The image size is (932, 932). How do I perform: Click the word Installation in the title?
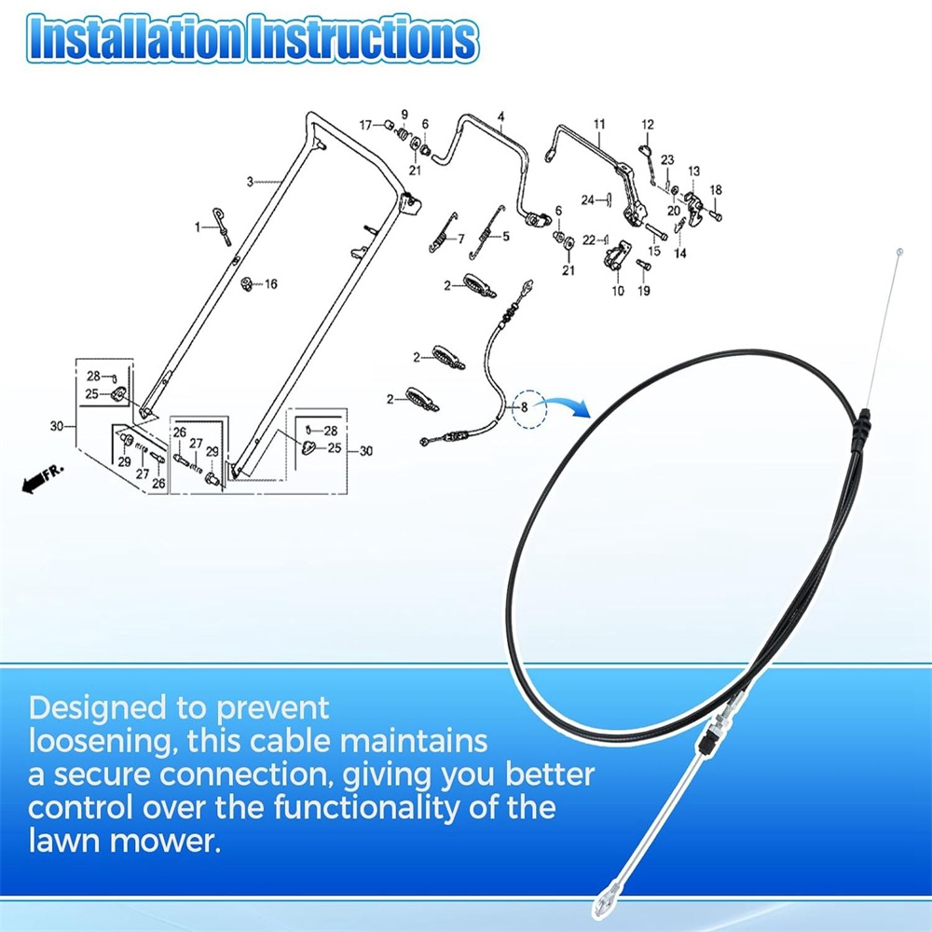point(134,39)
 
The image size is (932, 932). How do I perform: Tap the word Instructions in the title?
point(363,39)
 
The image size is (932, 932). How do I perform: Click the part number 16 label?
point(271,284)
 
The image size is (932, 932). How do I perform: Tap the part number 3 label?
point(250,182)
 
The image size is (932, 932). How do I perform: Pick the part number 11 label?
point(599,124)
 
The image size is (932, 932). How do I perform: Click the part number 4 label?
point(501,116)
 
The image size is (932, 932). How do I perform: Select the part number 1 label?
point(198,227)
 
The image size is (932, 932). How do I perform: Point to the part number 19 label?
point(644,291)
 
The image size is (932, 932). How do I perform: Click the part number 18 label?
point(716,189)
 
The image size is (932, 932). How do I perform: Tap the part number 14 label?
point(680,254)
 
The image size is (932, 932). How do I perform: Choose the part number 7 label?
point(461,239)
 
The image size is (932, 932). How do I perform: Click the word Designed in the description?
point(98,708)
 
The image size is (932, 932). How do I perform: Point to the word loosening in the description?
point(103,742)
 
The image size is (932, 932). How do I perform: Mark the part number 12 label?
point(648,124)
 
